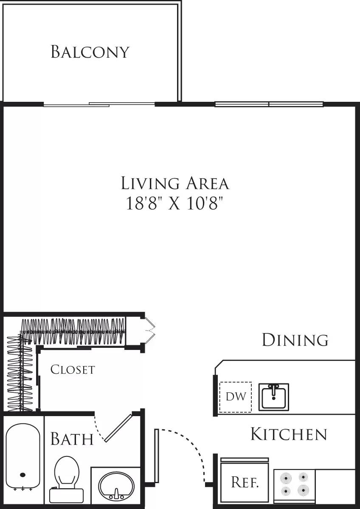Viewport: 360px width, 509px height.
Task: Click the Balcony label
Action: (90, 51)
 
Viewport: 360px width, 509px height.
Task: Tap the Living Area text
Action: (175, 183)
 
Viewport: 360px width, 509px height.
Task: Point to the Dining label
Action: (295, 340)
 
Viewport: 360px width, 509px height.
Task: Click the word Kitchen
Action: (289, 434)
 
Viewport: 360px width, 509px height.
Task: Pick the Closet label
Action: (72, 369)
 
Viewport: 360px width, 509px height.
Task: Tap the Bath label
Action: (72, 439)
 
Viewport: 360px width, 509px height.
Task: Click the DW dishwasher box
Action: (236, 397)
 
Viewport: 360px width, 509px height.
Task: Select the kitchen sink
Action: (274, 397)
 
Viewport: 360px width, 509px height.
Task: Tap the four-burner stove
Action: (295, 484)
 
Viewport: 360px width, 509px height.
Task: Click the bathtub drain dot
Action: (22, 475)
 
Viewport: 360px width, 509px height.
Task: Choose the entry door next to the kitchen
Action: (157, 456)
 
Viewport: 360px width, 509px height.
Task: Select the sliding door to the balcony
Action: (100, 104)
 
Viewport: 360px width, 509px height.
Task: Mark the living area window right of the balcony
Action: (269, 104)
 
